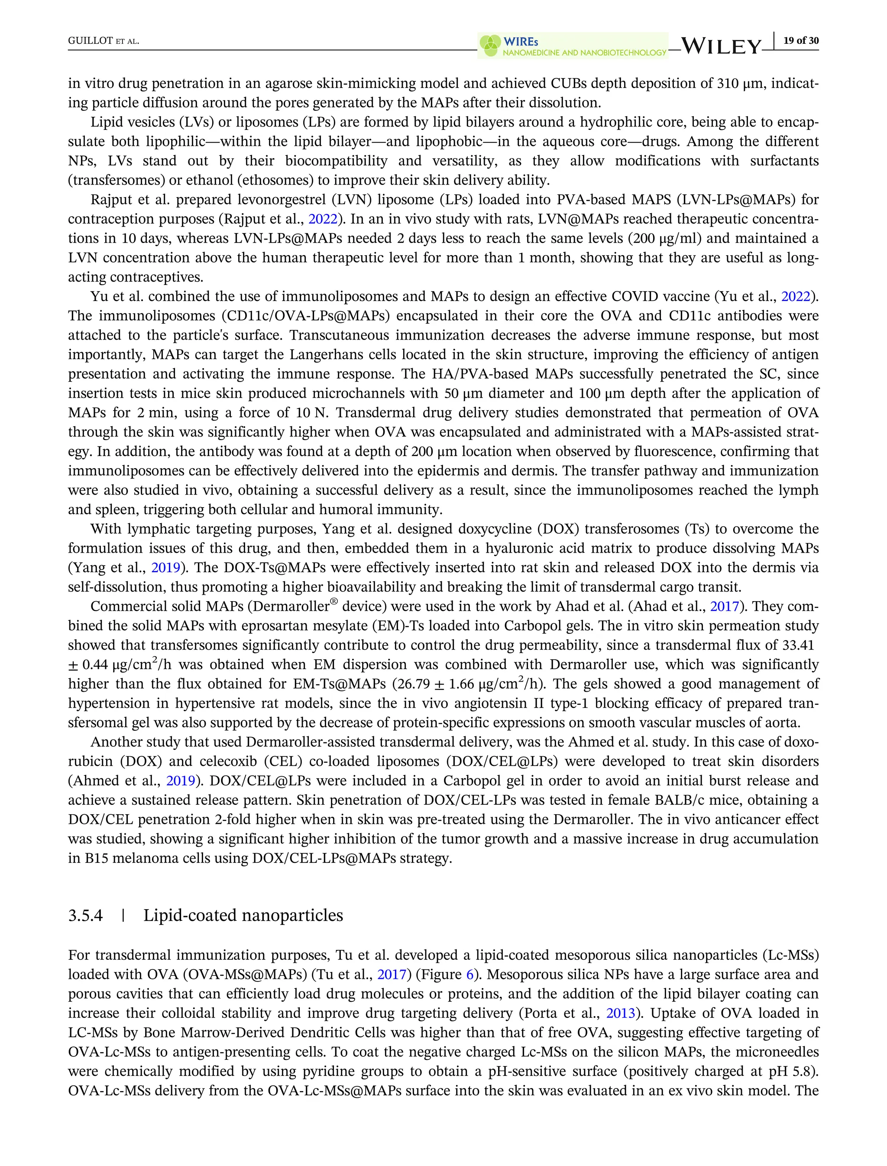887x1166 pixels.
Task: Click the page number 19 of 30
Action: click(801, 41)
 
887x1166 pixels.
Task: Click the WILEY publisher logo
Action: click(722, 46)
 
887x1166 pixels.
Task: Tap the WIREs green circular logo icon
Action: click(490, 46)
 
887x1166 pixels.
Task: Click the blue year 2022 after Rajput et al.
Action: click(323, 219)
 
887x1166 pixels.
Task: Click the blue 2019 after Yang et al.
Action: click(166, 568)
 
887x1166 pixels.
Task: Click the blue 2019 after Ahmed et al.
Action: click(181, 781)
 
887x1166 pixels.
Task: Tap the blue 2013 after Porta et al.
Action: click(620, 1014)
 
